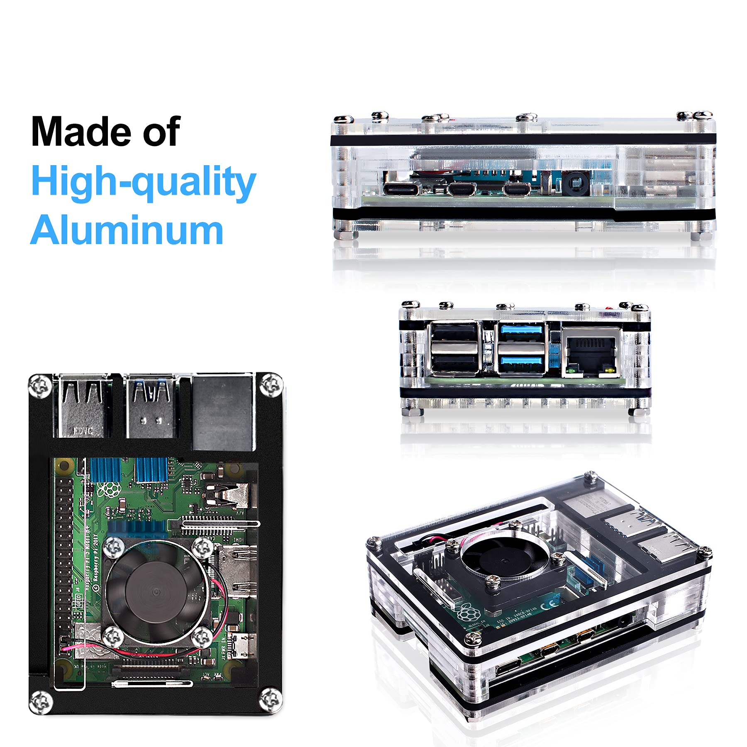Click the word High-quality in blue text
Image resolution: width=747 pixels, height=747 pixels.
[x=143, y=182]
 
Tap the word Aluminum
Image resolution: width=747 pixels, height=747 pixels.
[x=127, y=231]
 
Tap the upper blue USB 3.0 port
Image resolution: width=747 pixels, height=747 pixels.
[x=522, y=331]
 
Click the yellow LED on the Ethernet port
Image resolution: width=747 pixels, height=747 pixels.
[x=608, y=368]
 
